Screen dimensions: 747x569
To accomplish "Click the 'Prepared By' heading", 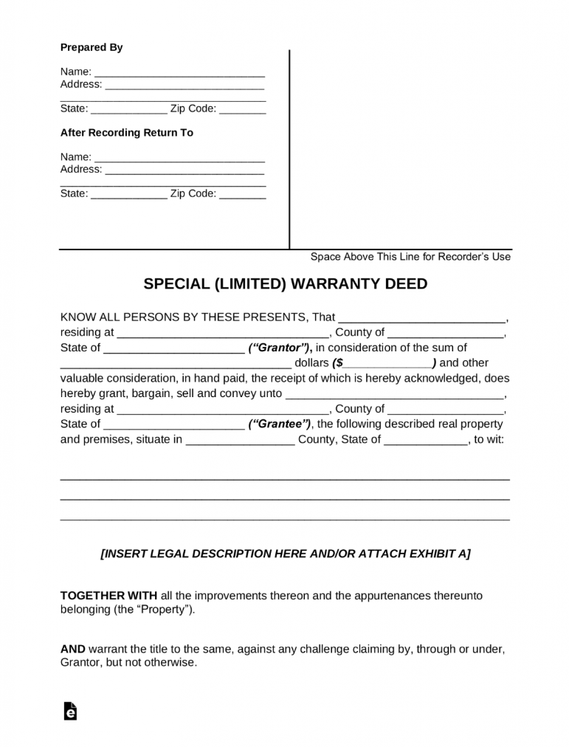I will [91, 47].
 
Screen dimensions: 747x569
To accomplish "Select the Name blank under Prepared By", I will [179, 73].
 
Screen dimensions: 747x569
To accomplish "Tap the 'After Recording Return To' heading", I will [126, 133].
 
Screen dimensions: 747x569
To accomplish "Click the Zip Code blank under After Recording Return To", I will [242, 195].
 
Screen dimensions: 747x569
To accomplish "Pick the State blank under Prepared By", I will [128, 110].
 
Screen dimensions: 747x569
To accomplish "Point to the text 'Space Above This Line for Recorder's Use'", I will [410, 257].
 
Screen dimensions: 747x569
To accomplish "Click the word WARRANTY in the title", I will [342, 284].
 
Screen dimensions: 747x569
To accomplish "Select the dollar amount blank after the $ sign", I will [387, 364].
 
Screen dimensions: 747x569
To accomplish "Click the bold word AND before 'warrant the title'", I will [72, 649].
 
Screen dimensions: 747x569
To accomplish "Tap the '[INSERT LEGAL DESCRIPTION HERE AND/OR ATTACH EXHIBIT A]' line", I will [285, 554].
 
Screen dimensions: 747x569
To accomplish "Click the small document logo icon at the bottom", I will [71, 710].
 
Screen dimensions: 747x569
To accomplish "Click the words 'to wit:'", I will [489, 439].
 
